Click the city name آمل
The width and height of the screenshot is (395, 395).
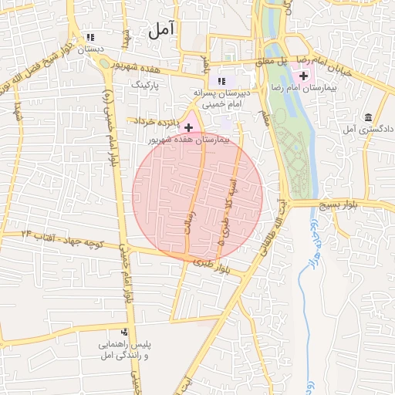(163, 30)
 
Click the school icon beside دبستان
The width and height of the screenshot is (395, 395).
(91, 36)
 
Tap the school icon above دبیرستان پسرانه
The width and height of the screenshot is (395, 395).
(221, 81)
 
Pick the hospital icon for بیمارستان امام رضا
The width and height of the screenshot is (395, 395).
(303, 76)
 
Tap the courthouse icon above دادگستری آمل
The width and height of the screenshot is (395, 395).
(368, 117)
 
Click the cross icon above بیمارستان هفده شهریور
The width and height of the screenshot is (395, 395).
(189, 126)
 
